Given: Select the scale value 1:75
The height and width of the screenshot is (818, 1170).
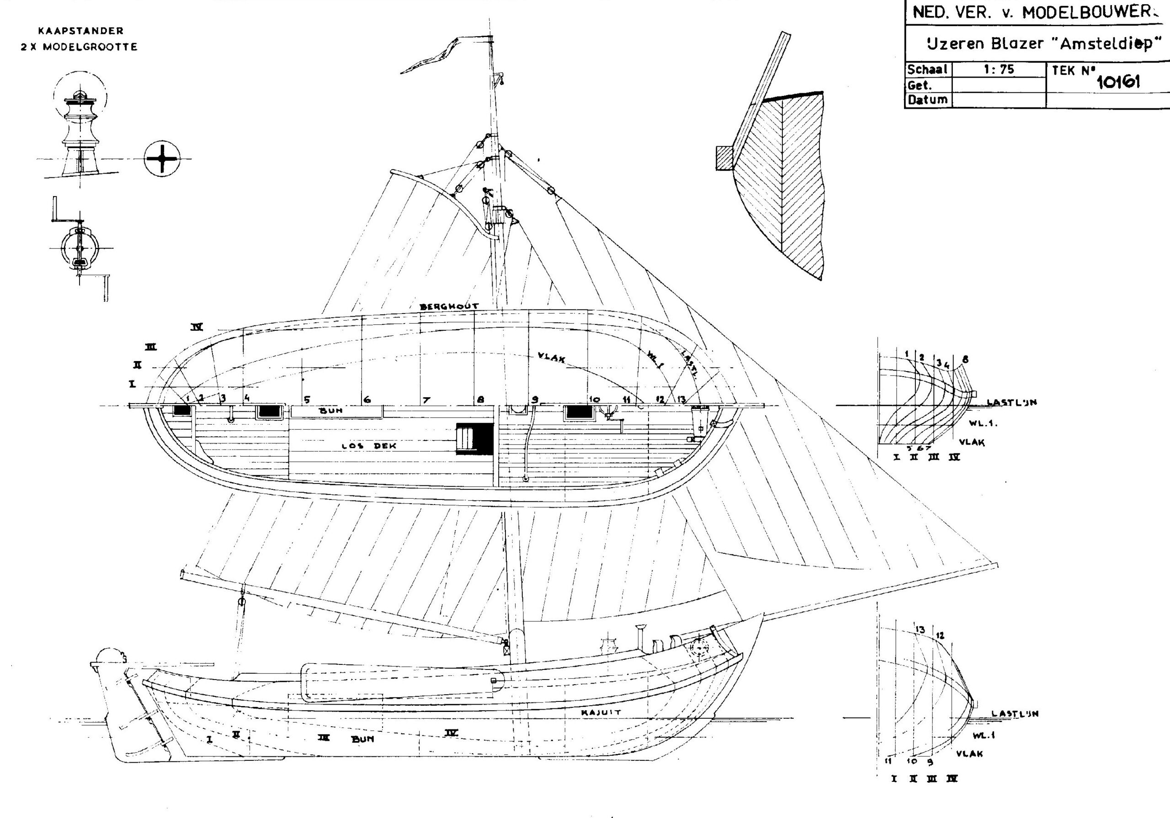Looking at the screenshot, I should click(x=999, y=69).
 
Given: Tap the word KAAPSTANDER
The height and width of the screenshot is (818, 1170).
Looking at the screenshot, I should click(x=80, y=31).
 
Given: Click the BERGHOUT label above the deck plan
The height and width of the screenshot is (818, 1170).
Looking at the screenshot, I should click(x=449, y=306).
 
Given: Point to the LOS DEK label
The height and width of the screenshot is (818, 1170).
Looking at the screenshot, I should click(x=369, y=446).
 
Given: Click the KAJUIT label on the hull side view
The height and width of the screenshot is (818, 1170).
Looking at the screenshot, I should click(x=601, y=712).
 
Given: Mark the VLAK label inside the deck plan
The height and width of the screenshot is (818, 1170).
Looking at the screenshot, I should click(x=551, y=358).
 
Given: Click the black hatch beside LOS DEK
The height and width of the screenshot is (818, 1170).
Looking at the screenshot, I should click(x=475, y=438).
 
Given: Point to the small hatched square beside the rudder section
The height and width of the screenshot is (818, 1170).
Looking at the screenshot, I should click(x=724, y=159).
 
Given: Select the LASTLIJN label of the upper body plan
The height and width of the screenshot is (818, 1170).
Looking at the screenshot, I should click(x=1011, y=403).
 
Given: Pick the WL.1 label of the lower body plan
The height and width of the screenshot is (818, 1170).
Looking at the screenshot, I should click(x=984, y=735).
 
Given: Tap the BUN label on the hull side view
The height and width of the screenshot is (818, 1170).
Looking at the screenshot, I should click(x=362, y=738).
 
